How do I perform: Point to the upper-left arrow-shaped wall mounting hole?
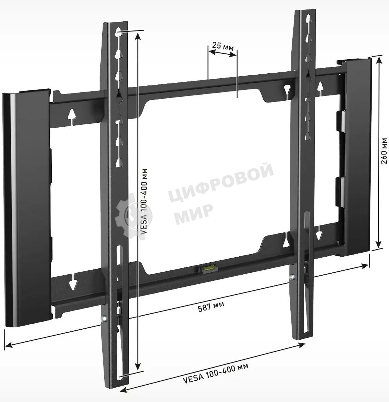coord(72,114)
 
